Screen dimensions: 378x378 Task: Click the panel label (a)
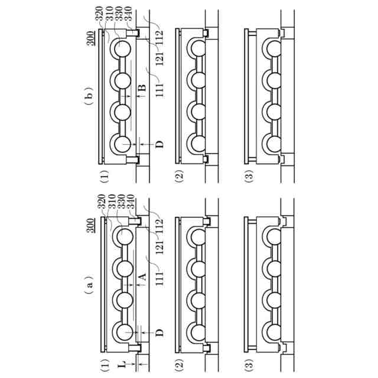point(89,285)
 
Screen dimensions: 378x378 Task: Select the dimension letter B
point(141,89)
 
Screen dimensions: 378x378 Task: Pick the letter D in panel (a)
point(158,333)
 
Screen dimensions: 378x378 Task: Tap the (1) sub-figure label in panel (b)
point(104,175)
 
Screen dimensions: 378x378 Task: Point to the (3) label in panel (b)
point(249,175)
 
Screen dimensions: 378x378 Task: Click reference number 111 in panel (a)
point(159,278)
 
